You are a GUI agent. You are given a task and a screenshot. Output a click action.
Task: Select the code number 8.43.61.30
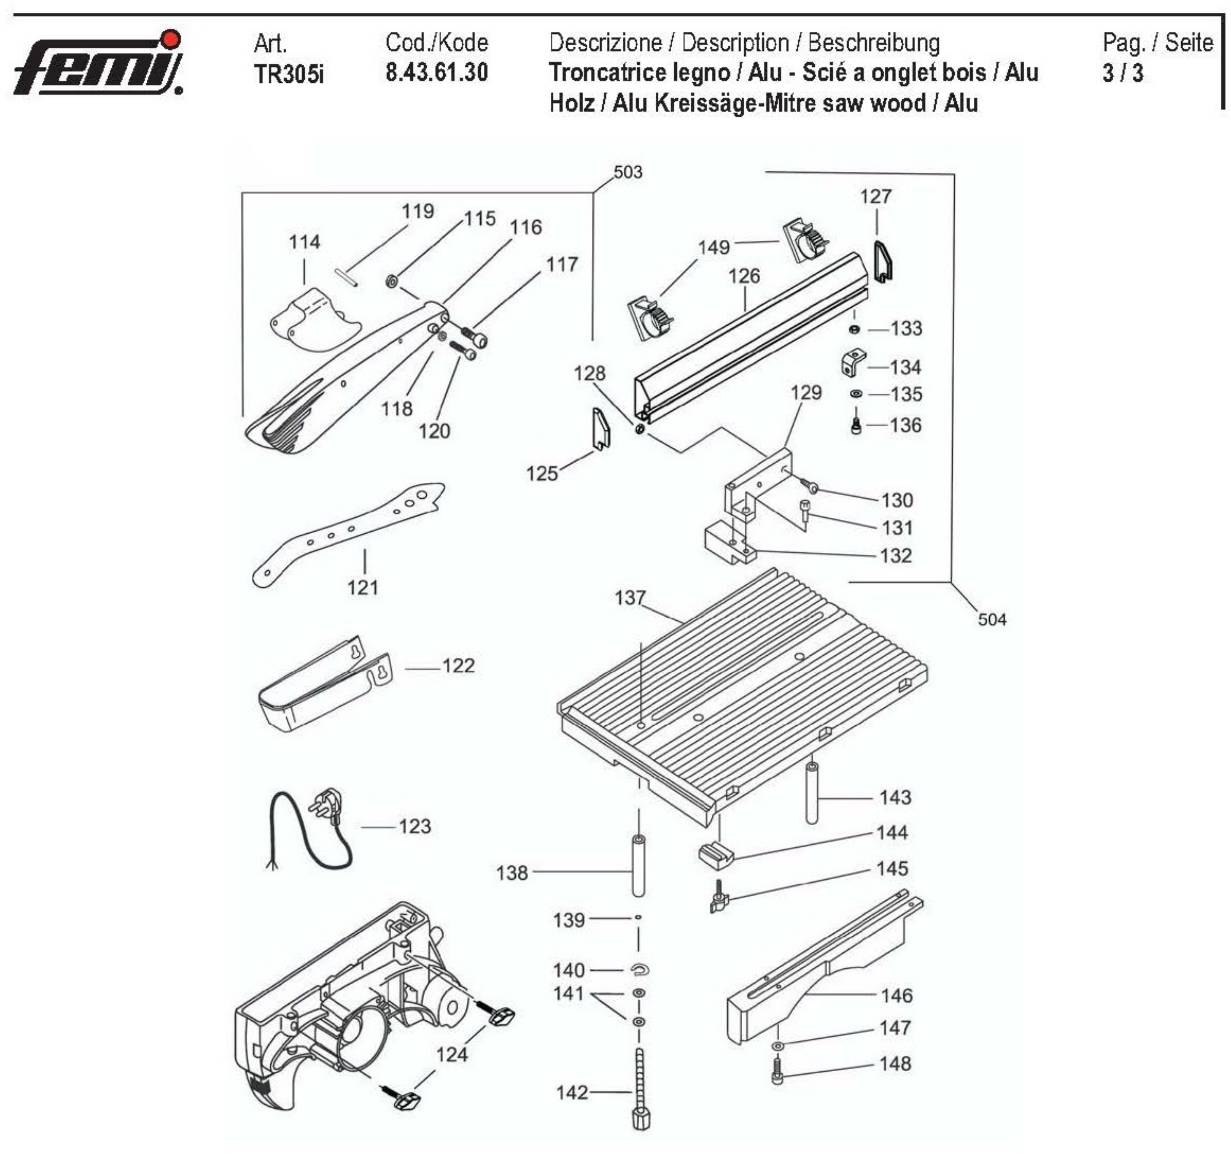coord(437,72)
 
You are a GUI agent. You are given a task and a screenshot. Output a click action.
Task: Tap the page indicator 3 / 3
coord(1122,73)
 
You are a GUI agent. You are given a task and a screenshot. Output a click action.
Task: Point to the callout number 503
coord(627,172)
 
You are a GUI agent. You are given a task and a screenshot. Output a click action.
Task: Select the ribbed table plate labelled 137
coord(743,688)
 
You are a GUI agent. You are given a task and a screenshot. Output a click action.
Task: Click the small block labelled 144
coord(716,855)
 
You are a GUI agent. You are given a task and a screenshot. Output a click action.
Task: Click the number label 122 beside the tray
coord(458,666)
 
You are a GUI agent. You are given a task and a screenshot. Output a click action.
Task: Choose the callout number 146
coord(896,995)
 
